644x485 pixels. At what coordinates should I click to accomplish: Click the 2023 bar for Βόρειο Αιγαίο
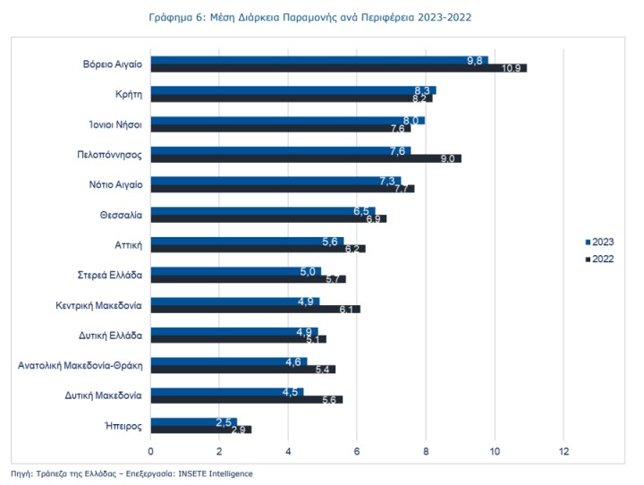(x=319, y=61)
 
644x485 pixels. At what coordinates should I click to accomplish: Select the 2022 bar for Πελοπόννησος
(x=306, y=158)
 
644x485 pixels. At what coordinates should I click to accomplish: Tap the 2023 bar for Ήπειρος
(x=194, y=421)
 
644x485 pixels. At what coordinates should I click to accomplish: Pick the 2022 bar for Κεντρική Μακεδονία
(x=256, y=309)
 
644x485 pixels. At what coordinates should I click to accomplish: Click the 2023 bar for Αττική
(x=247, y=242)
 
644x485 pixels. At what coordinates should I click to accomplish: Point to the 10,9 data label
(x=512, y=68)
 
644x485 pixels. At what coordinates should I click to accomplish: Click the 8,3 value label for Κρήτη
(x=422, y=91)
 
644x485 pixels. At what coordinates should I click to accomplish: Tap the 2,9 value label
(x=238, y=430)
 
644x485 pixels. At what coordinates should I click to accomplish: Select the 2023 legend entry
(x=599, y=242)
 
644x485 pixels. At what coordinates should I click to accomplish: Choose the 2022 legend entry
(x=599, y=259)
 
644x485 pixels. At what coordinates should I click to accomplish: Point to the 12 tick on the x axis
(x=563, y=451)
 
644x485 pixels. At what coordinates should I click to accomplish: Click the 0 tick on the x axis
(x=151, y=451)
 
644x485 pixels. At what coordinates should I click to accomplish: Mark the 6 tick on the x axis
(x=357, y=451)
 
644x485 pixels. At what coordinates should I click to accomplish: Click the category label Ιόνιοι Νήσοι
(x=115, y=124)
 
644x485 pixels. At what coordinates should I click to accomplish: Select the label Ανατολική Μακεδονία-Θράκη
(x=80, y=365)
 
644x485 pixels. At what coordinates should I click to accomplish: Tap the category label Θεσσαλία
(x=121, y=215)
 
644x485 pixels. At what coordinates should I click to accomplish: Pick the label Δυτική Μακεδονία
(x=103, y=396)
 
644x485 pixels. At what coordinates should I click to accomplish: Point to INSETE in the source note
(x=191, y=473)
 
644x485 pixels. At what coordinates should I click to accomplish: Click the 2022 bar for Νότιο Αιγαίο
(x=283, y=189)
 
